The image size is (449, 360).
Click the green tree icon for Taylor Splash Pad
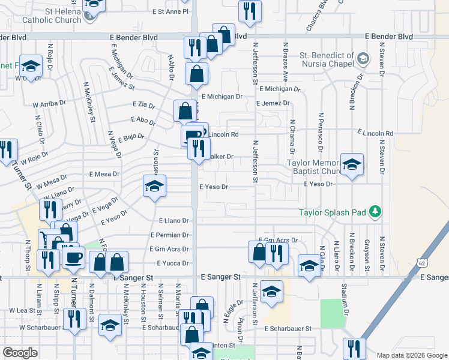click(376, 211)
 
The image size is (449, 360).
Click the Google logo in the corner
click(20, 353)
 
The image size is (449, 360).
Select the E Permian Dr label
click(170, 235)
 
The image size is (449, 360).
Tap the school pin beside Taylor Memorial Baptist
click(352, 164)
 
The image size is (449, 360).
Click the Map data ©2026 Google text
click(411, 355)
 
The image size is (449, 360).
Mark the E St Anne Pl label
click(170, 11)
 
